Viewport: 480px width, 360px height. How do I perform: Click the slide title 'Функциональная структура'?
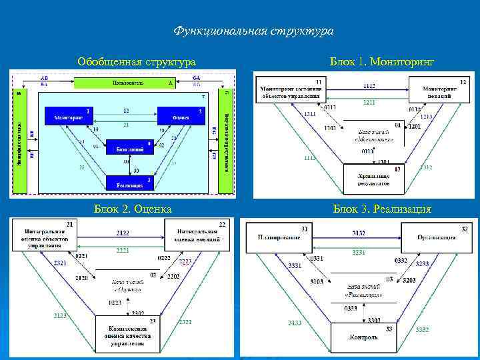point(253,31)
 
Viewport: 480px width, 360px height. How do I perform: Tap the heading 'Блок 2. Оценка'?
point(133,209)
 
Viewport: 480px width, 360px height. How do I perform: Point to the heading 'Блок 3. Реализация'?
point(382,209)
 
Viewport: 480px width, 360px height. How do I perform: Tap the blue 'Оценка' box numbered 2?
point(177,116)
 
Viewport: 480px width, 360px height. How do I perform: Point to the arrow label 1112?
point(368,86)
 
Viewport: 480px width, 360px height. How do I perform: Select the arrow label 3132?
point(359,233)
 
